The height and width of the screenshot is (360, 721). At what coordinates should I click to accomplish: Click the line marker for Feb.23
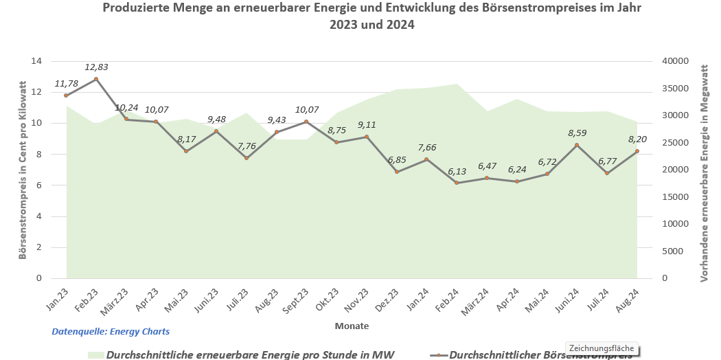[x=96, y=79]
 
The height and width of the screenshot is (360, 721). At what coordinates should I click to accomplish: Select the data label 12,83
[x=96, y=67]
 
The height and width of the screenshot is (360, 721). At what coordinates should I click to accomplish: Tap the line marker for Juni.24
[x=577, y=145]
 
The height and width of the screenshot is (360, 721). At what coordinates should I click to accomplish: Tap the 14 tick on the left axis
[x=36, y=61]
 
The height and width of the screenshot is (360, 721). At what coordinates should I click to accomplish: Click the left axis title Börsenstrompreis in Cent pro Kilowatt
[x=22, y=171]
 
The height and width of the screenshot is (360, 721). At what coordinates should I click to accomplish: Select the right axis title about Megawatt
[x=704, y=171]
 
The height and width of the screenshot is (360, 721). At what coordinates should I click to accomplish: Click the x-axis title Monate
[x=352, y=326]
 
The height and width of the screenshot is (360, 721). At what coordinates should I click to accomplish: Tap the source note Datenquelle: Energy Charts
[x=111, y=331]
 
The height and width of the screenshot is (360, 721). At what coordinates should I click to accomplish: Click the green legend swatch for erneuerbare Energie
[x=95, y=355]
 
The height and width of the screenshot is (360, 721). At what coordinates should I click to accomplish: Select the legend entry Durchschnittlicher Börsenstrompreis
[x=539, y=355]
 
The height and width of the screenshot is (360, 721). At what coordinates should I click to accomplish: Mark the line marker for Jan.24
[x=426, y=159]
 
